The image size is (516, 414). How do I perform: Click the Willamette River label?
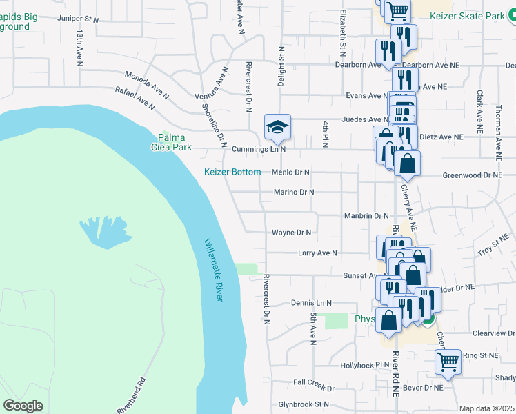(212, 270)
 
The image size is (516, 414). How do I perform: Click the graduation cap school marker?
(277, 126)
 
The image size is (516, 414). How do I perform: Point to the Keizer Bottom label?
(232, 172)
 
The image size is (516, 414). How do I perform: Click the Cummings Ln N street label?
(259, 149)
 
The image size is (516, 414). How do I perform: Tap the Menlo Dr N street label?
(291, 172)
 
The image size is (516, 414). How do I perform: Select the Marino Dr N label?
(294, 193)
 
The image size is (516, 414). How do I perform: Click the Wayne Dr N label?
(291, 233)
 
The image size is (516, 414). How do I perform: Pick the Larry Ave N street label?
(317, 253)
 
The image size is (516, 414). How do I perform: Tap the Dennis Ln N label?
(311, 303)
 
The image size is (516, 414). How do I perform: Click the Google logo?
(23, 406)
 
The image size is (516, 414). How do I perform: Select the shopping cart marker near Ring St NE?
(448, 361)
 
